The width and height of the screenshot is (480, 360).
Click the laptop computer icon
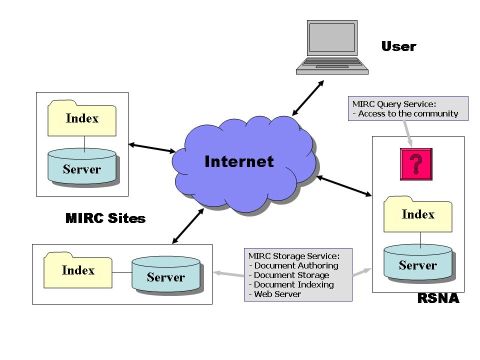[x=334, y=49]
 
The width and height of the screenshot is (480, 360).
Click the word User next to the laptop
[x=398, y=47]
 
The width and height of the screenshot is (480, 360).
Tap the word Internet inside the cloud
[x=240, y=161]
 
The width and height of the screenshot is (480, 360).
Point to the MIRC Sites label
[x=105, y=217]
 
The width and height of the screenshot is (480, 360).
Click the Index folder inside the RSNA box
[x=418, y=213]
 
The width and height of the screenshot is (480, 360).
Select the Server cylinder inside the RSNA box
[x=418, y=263]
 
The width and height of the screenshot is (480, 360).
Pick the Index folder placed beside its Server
[x=78, y=270]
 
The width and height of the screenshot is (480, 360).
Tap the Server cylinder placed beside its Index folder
[x=164, y=274]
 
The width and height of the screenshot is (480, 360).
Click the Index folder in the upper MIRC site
[x=82, y=119]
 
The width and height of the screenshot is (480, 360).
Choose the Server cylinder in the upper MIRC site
[x=82, y=168]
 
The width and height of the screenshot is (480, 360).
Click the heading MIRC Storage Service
[x=295, y=256]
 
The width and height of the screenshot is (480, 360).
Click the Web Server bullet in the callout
[x=280, y=296]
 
